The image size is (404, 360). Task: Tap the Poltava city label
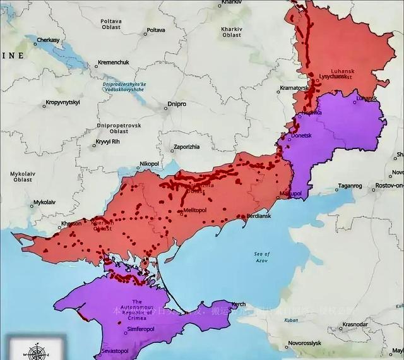[x=155, y=30]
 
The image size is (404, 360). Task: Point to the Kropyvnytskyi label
[x=62, y=102]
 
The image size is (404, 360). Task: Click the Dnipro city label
[x=176, y=107]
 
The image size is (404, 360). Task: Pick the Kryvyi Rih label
[x=108, y=141]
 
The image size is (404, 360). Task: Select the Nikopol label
[x=149, y=163]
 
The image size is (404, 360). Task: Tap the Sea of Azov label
[x=262, y=257]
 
